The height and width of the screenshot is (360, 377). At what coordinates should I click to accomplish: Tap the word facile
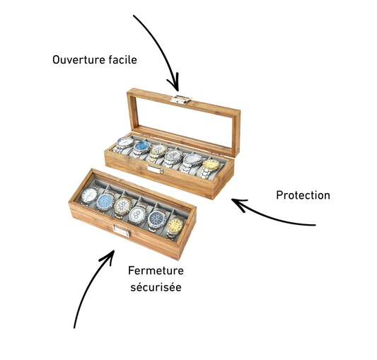click(122, 59)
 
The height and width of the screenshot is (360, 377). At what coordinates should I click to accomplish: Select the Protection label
click(303, 195)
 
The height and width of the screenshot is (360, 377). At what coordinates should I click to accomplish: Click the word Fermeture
click(156, 271)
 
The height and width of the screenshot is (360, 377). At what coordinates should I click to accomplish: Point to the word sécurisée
click(156, 287)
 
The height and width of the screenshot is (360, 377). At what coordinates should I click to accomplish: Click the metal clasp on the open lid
click(181, 100)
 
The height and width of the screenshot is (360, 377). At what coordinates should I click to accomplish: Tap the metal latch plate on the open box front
click(155, 169)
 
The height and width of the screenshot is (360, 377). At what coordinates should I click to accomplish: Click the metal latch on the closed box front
click(122, 231)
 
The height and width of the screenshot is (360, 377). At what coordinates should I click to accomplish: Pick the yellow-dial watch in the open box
click(209, 168)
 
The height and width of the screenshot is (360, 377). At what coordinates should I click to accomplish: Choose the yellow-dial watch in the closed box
click(175, 228)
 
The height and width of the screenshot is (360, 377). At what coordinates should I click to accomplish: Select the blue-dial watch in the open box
click(141, 148)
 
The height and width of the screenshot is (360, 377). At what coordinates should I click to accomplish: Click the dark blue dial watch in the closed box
click(156, 219)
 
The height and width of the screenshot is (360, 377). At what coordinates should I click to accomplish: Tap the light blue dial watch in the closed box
click(105, 202)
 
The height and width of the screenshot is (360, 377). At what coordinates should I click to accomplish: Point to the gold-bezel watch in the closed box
click(122, 207)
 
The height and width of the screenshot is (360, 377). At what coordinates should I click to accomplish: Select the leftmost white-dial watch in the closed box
click(89, 195)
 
